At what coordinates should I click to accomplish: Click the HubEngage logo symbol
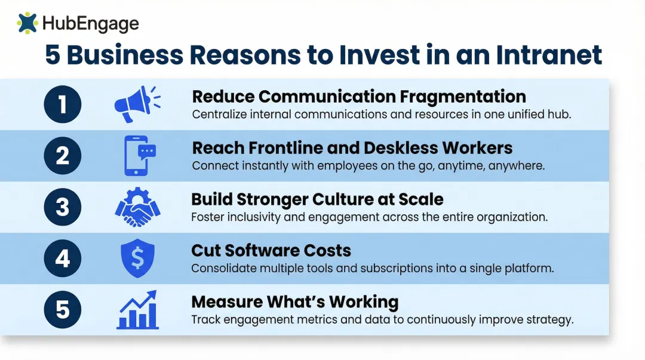pos(27,23)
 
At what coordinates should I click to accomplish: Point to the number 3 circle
pos(63,207)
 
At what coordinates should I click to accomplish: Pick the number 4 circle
pos(63,259)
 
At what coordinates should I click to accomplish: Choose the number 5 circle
pos(63,310)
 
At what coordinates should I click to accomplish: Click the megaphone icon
pos(137,104)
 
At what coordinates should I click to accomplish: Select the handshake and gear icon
pos(138,207)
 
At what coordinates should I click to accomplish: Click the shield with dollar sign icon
pos(138,259)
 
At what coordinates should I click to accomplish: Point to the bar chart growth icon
pos(138,310)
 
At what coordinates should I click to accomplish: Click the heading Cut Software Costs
pos(271,250)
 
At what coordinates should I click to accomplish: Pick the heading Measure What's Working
pos(294,301)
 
